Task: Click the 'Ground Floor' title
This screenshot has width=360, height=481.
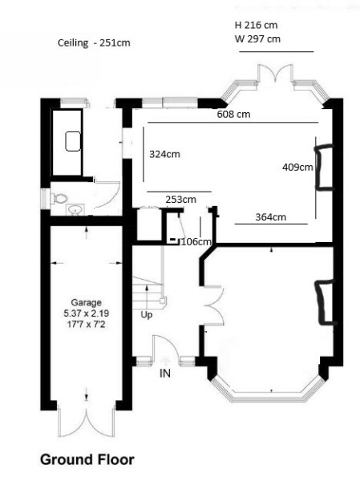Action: [87, 460]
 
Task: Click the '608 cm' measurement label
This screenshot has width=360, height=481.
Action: [233, 115]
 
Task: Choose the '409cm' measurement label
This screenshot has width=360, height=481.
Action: [297, 168]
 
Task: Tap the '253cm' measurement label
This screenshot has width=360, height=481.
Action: [180, 199]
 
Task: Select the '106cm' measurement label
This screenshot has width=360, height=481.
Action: [196, 241]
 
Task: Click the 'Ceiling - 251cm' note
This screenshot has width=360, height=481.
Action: [94, 42]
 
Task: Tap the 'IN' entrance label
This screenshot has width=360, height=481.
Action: [166, 374]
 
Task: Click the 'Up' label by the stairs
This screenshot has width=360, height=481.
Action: [147, 314]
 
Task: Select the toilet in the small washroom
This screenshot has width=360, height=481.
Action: [59, 196]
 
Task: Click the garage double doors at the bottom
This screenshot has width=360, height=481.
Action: [85, 421]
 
